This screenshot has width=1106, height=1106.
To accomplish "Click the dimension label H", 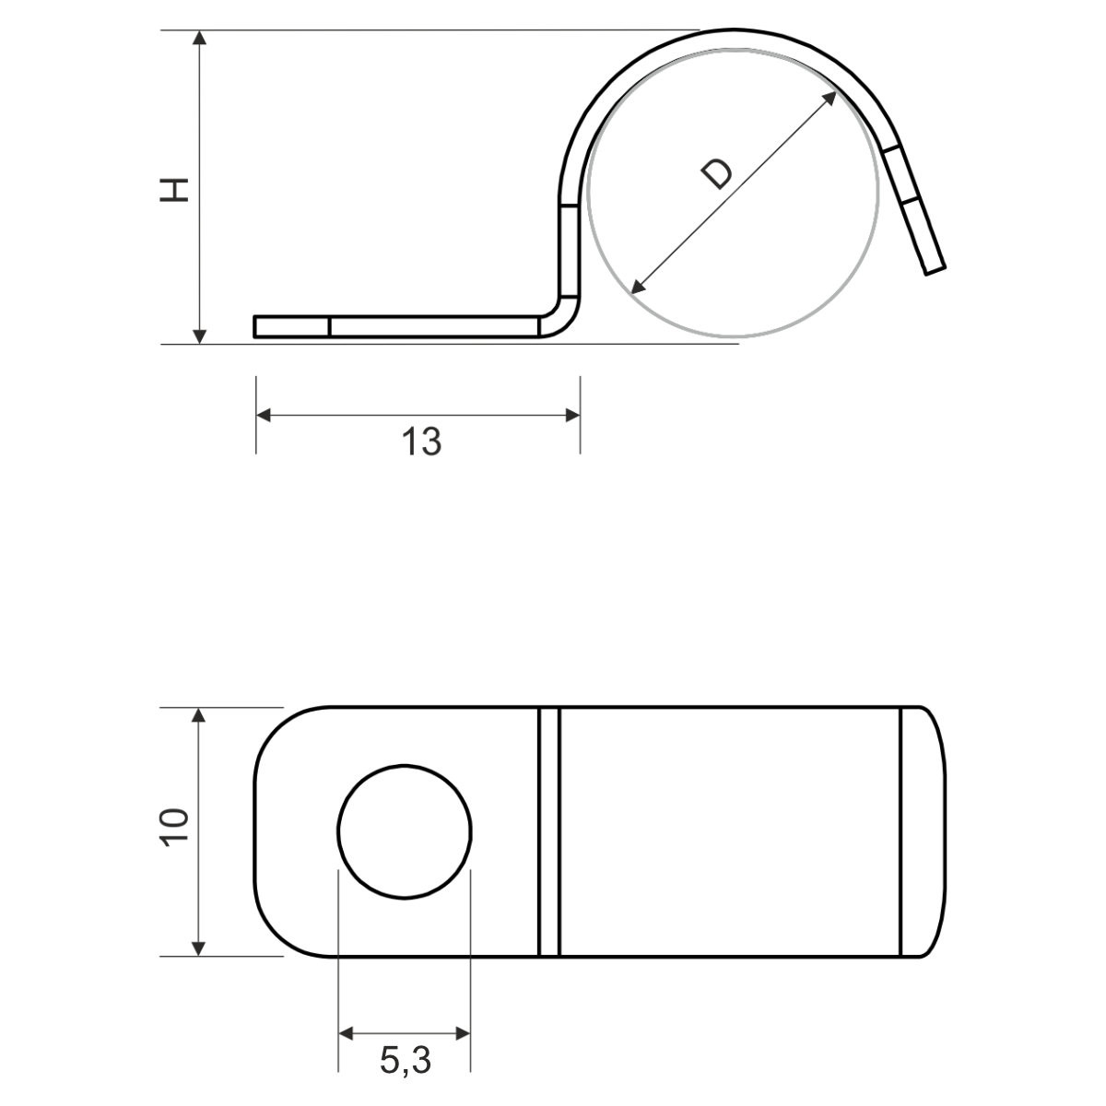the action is click(174, 190).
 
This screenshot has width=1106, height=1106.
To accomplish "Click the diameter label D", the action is click(717, 174).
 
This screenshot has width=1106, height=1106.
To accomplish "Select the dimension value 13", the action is click(422, 442).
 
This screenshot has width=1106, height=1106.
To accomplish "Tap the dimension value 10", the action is click(174, 828).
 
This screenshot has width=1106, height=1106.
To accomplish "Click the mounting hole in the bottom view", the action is click(405, 831).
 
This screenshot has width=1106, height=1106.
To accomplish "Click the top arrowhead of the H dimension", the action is click(199, 38).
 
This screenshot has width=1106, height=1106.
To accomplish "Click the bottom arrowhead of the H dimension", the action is click(199, 336).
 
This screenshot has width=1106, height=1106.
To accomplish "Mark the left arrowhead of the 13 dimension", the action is click(264, 415).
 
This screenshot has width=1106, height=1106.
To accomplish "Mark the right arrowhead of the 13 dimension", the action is click(572, 415).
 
